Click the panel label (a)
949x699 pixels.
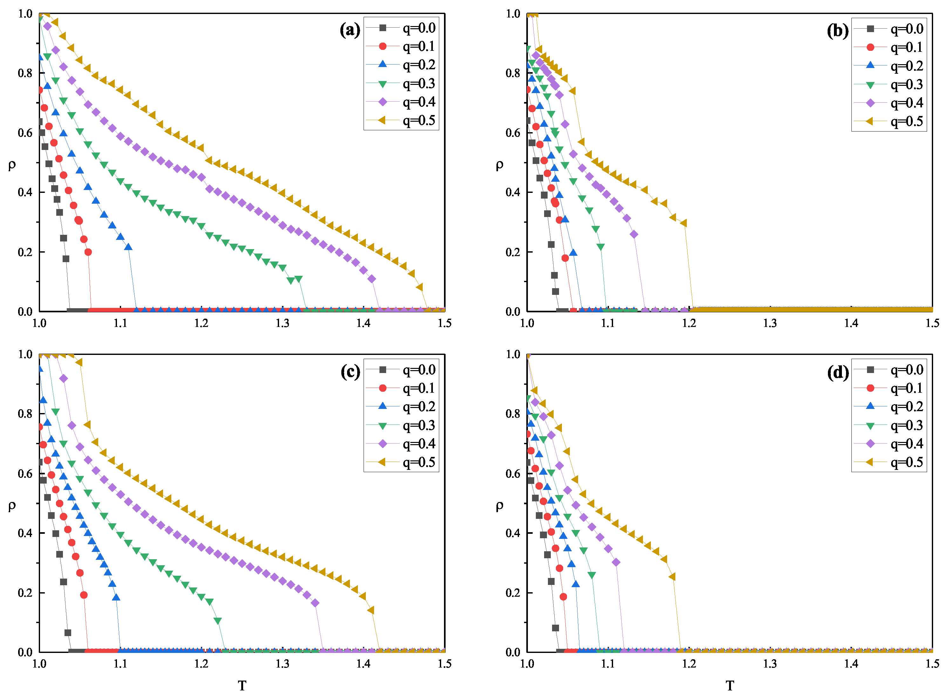point(350,30)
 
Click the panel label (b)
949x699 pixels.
point(837,31)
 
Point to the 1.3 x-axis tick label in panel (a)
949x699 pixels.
point(282,323)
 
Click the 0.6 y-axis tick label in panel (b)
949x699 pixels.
point(513,133)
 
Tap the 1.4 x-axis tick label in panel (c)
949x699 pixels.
point(363,664)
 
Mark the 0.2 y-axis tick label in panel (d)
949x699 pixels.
point(513,593)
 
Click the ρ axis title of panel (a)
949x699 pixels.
point(12,164)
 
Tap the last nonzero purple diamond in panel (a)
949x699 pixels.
point(372,279)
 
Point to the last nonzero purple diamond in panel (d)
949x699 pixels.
point(616,562)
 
